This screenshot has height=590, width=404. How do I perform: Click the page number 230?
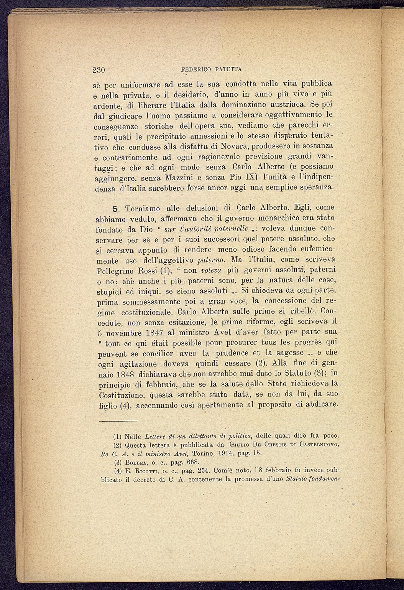click(99, 70)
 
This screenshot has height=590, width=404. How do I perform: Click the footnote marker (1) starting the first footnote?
click(118, 437)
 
